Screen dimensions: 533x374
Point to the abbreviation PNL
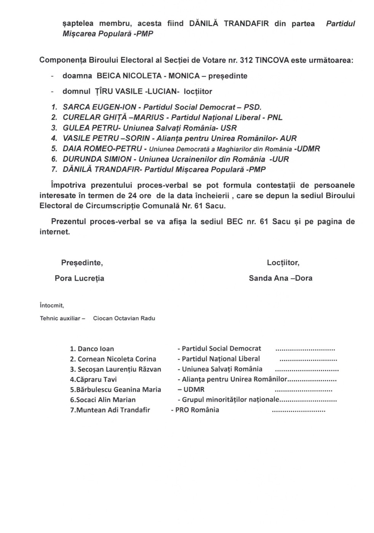[275, 118]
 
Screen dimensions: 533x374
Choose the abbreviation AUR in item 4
[288, 138]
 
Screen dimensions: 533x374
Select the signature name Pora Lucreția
[80, 278]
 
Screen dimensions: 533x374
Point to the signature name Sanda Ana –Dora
[281, 278]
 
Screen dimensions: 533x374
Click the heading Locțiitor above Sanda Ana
[283, 263]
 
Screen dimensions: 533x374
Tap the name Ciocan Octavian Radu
[124, 318]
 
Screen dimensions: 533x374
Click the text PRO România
[197, 410]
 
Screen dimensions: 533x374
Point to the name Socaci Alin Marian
[103, 400]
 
